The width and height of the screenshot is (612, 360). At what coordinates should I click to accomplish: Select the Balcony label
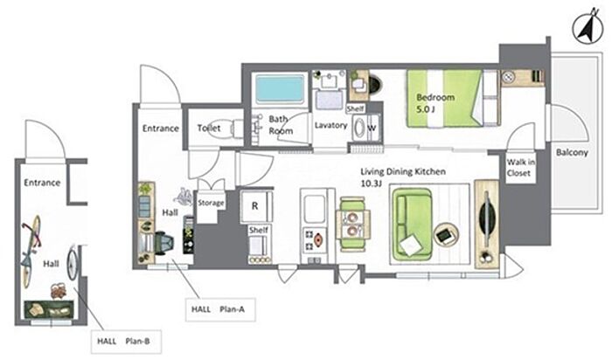[x=574, y=150]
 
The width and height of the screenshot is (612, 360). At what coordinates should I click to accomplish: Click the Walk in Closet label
[x=523, y=167]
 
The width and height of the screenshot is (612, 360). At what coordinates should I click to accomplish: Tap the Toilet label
[x=208, y=128]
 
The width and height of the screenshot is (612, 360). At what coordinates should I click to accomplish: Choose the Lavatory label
[x=331, y=125]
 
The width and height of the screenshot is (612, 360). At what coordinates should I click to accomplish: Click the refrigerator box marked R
[x=254, y=206]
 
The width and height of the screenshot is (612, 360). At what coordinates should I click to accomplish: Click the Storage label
[x=212, y=203]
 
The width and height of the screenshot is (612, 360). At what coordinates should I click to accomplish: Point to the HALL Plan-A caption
[x=218, y=308]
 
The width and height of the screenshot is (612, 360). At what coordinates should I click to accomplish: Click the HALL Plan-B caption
[x=123, y=342]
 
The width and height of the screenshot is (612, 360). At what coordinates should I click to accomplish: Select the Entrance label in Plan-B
[x=41, y=183]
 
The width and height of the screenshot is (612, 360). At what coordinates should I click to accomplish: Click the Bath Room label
[x=281, y=124]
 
